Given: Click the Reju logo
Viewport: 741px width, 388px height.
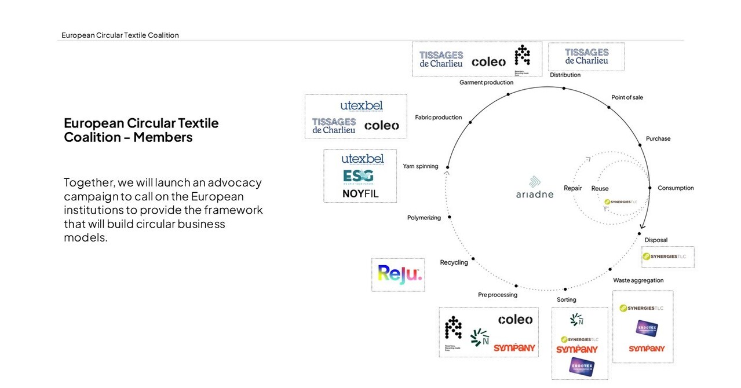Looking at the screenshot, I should [399, 274].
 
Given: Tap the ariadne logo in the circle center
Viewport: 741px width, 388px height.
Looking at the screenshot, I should [534, 188].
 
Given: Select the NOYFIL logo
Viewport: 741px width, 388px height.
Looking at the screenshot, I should [360, 193].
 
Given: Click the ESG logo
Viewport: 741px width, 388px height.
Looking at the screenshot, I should [358, 176].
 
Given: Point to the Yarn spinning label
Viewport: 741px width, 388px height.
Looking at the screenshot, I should [421, 167].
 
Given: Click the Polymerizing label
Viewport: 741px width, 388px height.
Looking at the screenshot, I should [424, 218].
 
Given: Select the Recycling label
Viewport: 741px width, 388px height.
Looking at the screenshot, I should [454, 262].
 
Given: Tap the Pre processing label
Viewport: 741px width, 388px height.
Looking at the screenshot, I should [497, 295].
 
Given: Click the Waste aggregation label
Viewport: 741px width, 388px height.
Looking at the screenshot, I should [638, 280].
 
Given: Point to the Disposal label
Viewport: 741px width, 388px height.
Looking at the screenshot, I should [656, 240].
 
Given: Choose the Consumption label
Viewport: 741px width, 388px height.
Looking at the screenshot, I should [676, 188].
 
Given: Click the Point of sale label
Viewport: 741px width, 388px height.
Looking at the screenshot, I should [627, 97].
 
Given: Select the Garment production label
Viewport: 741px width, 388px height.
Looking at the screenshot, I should [486, 82].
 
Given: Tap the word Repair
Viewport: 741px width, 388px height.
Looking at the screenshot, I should [572, 188].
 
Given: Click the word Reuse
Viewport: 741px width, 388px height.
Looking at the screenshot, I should [600, 189].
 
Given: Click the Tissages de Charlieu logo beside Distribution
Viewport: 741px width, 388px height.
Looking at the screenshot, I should [586, 57].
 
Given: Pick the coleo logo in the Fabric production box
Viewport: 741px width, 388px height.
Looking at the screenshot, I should [381, 125].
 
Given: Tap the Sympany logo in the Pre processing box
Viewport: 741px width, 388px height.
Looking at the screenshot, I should [514, 348].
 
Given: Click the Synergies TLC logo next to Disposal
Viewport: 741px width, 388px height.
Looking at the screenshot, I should [667, 256].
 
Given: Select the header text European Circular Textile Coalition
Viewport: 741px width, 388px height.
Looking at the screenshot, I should [120, 35].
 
